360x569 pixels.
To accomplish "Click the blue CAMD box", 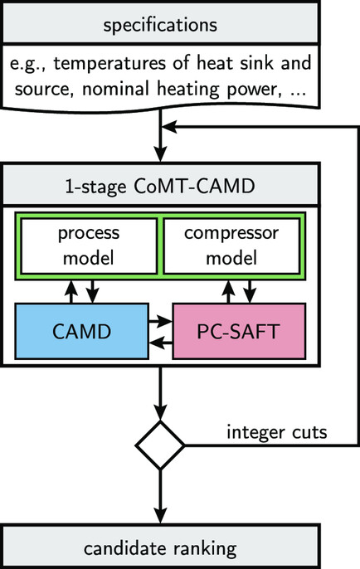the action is [81, 331].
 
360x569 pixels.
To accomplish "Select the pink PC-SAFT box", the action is [239, 331].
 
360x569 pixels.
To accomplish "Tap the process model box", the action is [89, 246].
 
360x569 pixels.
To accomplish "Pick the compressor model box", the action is [231, 246].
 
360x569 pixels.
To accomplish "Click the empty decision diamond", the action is [160, 445].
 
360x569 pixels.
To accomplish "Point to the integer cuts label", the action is [277, 432].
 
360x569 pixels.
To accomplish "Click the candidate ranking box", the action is [160, 546].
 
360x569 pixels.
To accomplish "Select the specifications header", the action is [160, 23].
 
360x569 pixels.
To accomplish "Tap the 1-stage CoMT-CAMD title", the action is [160, 185].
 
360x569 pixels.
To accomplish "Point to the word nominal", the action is [115, 89].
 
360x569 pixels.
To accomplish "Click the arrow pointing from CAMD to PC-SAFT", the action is [160, 321].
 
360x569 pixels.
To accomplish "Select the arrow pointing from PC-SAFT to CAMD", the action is [161, 343].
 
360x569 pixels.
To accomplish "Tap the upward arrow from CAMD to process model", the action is [71, 292].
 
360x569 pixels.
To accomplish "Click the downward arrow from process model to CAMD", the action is [93, 291].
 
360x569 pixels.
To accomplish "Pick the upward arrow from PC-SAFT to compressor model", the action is [228, 292].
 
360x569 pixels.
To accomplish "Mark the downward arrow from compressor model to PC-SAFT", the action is [250, 291].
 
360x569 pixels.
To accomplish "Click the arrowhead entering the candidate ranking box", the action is [160, 516].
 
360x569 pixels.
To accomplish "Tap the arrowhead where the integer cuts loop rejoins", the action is [168, 127].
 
